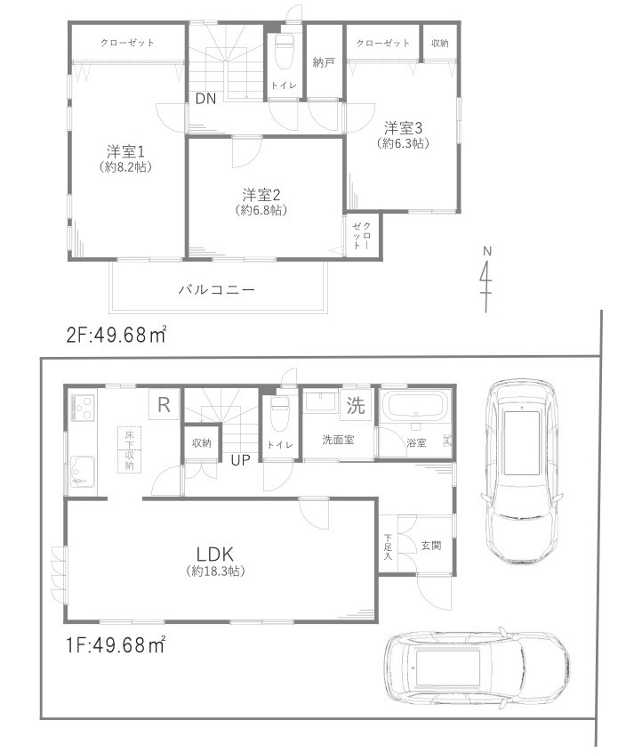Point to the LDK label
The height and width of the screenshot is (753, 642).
(216, 553)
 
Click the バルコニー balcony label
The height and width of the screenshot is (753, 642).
(217, 290)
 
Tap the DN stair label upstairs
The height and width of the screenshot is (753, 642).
(205, 99)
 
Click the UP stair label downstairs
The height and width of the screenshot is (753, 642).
(240, 460)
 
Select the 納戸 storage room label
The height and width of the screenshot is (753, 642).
(323, 62)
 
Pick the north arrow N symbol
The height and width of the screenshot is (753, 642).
(486, 278)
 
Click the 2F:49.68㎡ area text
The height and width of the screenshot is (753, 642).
(117, 336)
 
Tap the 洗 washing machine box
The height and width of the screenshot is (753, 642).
(356, 408)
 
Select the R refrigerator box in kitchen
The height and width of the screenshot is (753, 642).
(163, 404)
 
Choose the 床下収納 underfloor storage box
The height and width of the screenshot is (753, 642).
(129, 449)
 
